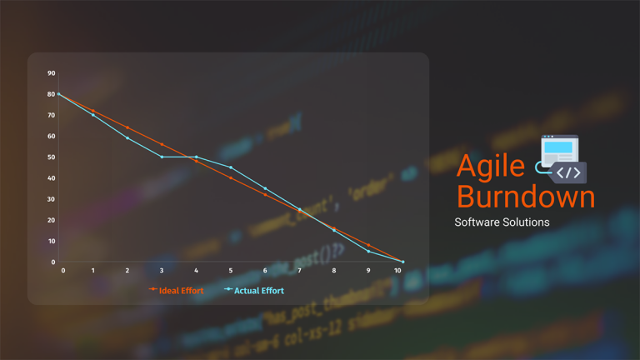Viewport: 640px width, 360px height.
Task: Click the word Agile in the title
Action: coord(491,166)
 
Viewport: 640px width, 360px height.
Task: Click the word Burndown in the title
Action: coord(526,197)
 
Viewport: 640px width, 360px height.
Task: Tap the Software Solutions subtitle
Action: coord(502,222)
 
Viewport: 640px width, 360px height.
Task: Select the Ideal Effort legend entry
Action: coord(177,290)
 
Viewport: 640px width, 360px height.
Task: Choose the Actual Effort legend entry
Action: coord(254,290)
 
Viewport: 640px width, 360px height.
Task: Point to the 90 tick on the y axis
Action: coord(52,73)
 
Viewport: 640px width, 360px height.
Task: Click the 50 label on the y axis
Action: coord(52,157)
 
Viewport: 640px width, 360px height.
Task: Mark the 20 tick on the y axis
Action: coord(52,220)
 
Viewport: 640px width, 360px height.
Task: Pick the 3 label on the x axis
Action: coord(162,271)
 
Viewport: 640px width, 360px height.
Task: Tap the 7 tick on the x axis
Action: coord(299,271)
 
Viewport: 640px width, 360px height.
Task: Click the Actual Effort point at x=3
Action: coord(162,157)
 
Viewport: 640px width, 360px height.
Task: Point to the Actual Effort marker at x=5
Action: coord(231,167)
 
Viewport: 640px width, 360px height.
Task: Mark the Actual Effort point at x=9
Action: coord(368,252)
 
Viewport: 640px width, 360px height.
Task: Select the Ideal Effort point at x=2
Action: coord(127,127)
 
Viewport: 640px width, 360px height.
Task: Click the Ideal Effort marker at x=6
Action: coord(265,194)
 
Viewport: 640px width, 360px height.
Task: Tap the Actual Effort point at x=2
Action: coord(127,137)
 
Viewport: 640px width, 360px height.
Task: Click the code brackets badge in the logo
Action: coord(569,172)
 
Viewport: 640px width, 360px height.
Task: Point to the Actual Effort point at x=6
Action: coord(265,188)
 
